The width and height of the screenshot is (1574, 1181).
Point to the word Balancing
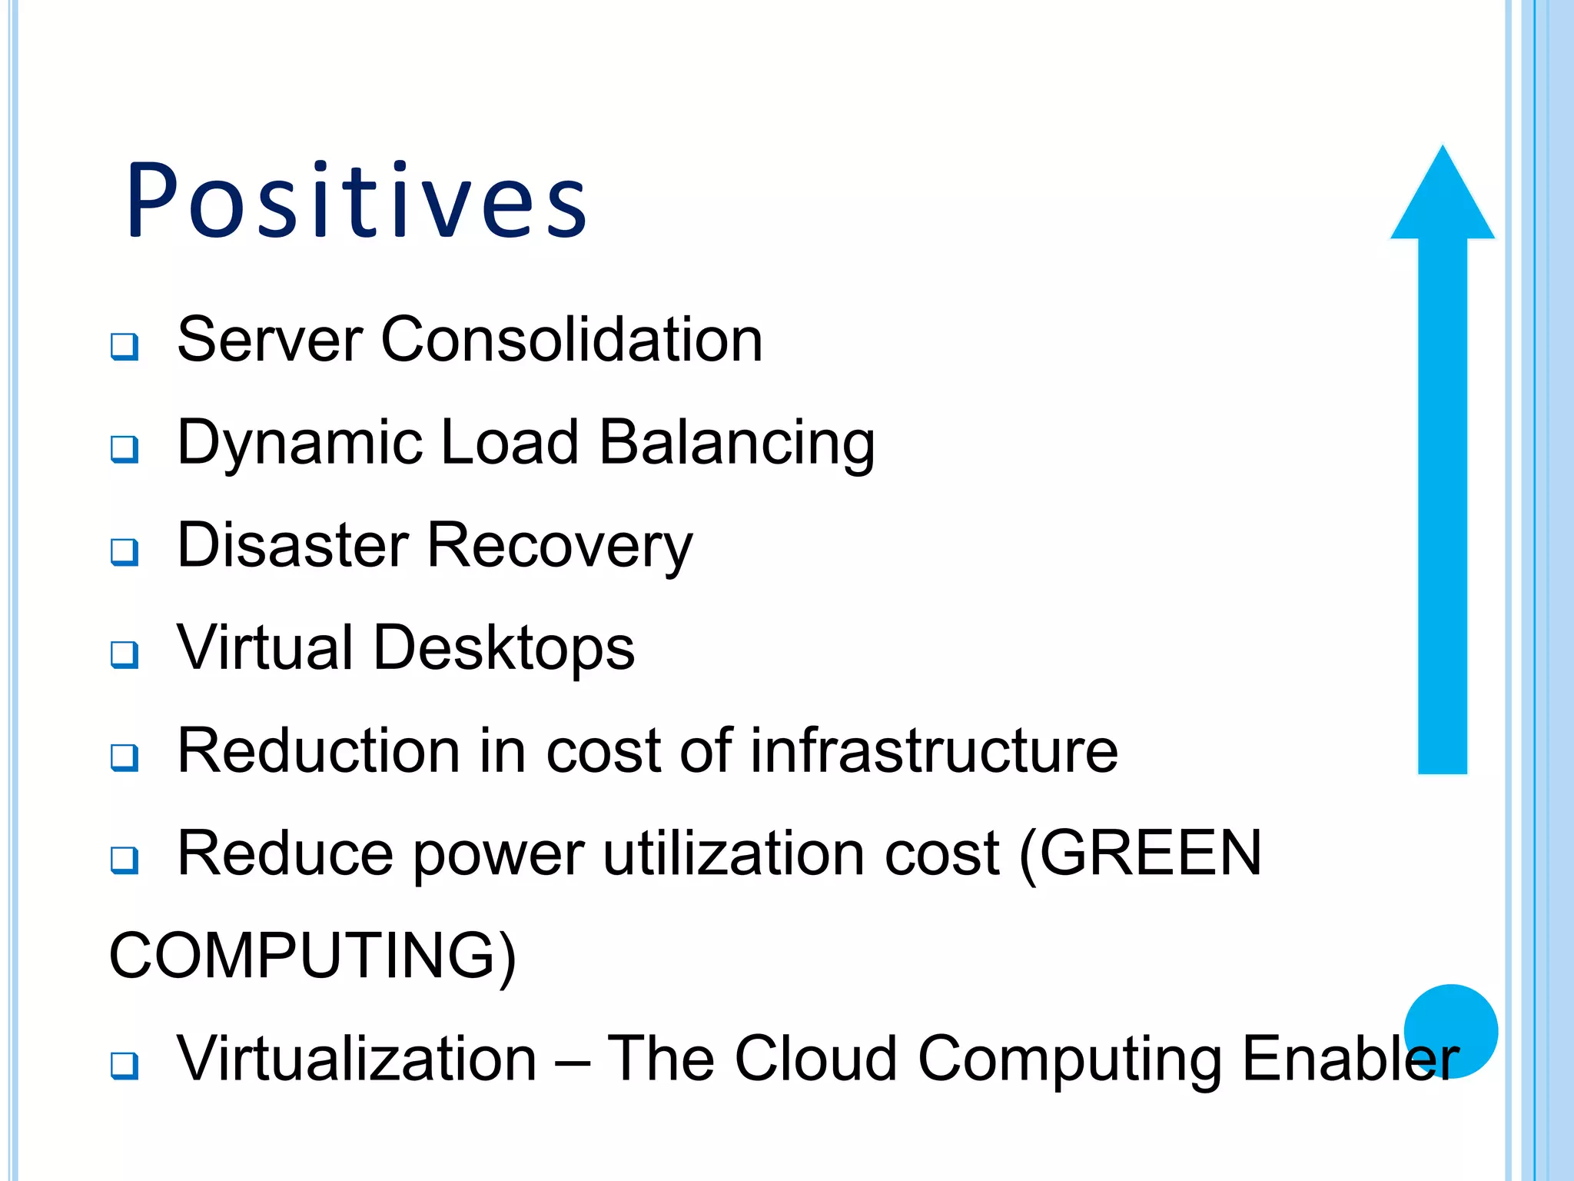point(737,443)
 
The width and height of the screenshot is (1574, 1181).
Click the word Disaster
point(293,545)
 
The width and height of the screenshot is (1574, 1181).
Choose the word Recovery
point(560,547)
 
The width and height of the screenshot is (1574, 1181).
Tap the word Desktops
point(504,648)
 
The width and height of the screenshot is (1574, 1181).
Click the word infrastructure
point(934,750)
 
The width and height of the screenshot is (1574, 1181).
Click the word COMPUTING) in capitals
point(312,956)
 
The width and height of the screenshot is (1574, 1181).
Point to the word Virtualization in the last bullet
point(357,1059)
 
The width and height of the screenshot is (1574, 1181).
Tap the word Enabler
point(1350,1059)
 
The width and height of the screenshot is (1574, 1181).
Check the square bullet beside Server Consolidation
point(125,347)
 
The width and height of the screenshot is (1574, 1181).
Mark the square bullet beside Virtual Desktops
point(125,655)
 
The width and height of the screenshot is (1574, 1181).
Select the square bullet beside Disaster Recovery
point(125,552)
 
